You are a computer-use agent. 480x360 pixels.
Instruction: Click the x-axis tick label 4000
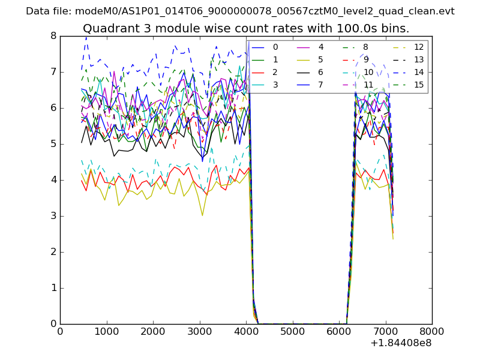(246, 331)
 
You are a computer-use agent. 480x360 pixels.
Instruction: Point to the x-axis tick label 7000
(385, 331)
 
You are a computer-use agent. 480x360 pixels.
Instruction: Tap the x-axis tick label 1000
(106, 331)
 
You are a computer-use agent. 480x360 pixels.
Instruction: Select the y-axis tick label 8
(53, 36)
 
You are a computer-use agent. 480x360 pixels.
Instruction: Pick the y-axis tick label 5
(53, 144)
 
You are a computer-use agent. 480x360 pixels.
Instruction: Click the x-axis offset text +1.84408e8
(400, 343)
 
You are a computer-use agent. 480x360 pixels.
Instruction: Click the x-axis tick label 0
(60, 331)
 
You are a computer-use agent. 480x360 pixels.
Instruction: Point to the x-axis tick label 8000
(432, 331)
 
